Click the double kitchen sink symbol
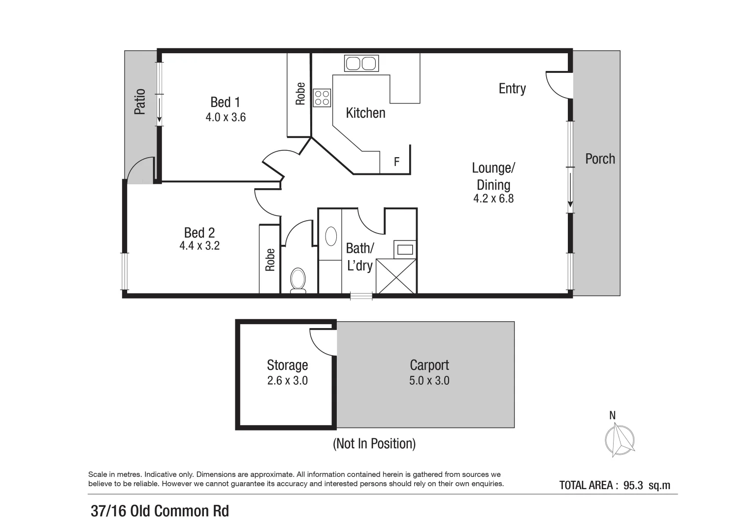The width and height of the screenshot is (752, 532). [x=361, y=64]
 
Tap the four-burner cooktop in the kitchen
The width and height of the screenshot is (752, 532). [x=322, y=98]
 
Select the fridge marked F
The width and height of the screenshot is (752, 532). [x=396, y=162]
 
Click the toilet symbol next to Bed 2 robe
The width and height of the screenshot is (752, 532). [x=298, y=280]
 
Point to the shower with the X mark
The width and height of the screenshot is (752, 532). [x=396, y=276]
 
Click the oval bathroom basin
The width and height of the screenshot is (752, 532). [x=331, y=236]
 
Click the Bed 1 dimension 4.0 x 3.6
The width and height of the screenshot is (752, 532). [x=226, y=117]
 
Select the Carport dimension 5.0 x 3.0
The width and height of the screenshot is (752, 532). [x=429, y=380]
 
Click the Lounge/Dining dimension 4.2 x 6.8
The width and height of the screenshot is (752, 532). [x=493, y=199]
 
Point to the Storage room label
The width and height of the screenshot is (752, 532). [x=287, y=365]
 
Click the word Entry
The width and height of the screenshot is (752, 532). [x=512, y=89]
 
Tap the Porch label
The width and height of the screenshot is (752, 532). [x=600, y=159]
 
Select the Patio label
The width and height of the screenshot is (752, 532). [x=140, y=101]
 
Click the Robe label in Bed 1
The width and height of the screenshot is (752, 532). [x=300, y=94]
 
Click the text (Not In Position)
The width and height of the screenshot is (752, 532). [x=374, y=443]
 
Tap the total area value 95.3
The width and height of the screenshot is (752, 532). [x=633, y=485]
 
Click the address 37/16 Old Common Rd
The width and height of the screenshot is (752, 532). [x=160, y=511]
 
